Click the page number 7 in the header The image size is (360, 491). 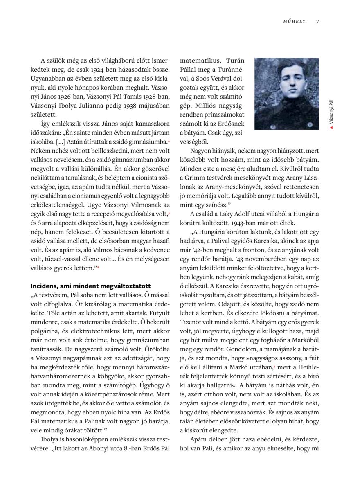click(317, 22)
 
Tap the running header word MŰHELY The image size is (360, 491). click(295, 22)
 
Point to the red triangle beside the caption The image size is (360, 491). click(331, 128)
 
